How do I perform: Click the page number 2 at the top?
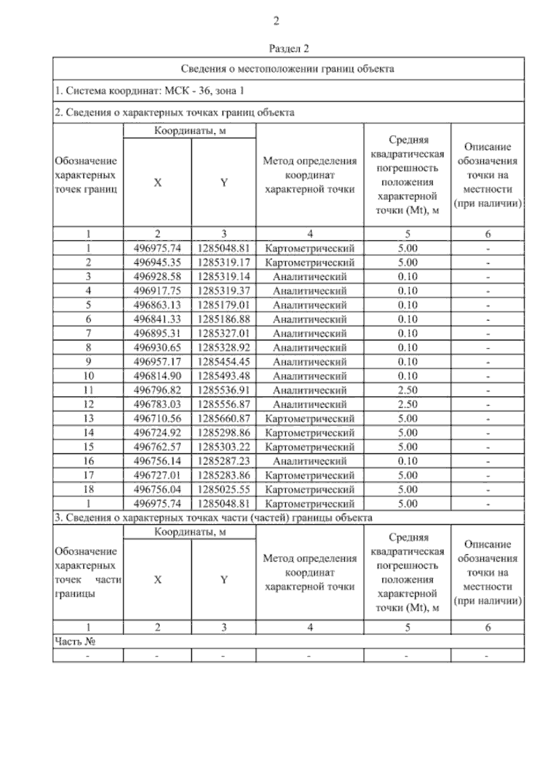276,21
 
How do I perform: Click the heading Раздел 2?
288,48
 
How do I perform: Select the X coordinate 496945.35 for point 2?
157,262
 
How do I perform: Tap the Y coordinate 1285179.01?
224,305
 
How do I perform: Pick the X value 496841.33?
157,319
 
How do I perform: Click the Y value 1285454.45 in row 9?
224,362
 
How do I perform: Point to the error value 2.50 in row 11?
407,390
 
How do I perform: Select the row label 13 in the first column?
88,418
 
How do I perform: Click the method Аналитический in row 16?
310,461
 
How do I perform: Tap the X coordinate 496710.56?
157,418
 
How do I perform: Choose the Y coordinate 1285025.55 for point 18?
224,489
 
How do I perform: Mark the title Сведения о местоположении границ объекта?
287,69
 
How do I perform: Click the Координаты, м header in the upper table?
189,131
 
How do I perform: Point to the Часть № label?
75,641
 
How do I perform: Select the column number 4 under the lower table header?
310,627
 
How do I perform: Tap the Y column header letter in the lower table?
224,580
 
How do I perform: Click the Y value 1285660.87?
224,418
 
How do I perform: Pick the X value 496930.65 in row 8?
157,347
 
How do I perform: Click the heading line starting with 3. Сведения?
213,517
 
